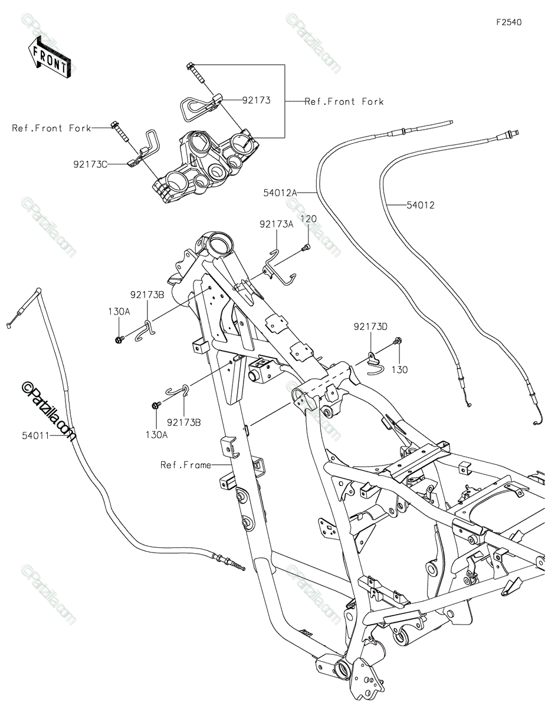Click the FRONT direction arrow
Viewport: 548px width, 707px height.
pyautogui.click(x=49, y=58)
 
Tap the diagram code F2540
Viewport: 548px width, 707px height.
pyautogui.click(x=509, y=22)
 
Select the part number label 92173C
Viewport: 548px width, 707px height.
pyautogui.click(x=90, y=164)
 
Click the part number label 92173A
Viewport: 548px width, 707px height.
pyautogui.click(x=277, y=224)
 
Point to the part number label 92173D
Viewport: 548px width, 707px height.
pyautogui.click(x=370, y=326)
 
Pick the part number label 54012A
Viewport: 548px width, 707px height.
pyautogui.click(x=280, y=193)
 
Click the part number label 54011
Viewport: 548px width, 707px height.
pyautogui.click(x=35, y=435)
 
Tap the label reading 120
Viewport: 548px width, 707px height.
pyautogui.click(x=309, y=219)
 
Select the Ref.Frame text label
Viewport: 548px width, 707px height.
pyautogui.click(x=186, y=465)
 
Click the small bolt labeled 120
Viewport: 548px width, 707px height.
pyautogui.click(x=306, y=248)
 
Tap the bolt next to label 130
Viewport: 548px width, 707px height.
pyautogui.click(x=397, y=341)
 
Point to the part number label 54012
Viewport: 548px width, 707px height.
pyautogui.click(x=421, y=205)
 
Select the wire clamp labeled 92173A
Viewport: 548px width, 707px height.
pyautogui.click(x=279, y=269)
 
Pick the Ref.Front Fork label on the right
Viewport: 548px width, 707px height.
pyautogui.click(x=344, y=102)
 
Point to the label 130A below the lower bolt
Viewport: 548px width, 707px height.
pyautogui.click(x=157, y=434)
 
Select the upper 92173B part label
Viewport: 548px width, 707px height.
pyautogui.click(x=147, y=295)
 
